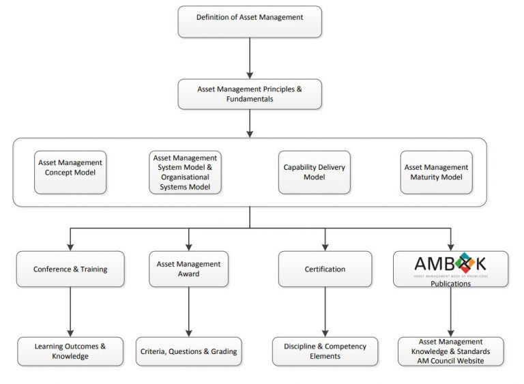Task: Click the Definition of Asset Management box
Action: [249, 21]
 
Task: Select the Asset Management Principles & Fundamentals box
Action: [249, 93]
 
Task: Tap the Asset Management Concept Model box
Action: [70, 168]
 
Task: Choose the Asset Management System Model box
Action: [186, 173]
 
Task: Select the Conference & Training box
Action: [70, 269]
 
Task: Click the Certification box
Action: [325, 269]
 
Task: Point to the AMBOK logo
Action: [450, 263]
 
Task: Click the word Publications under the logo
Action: [450, 283]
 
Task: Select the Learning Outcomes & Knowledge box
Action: [70, 351]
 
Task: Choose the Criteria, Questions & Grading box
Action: [188, 351]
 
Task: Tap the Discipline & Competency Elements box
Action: [325, 351]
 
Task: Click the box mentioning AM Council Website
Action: [450, 351]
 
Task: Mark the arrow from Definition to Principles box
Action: [249, 58]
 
